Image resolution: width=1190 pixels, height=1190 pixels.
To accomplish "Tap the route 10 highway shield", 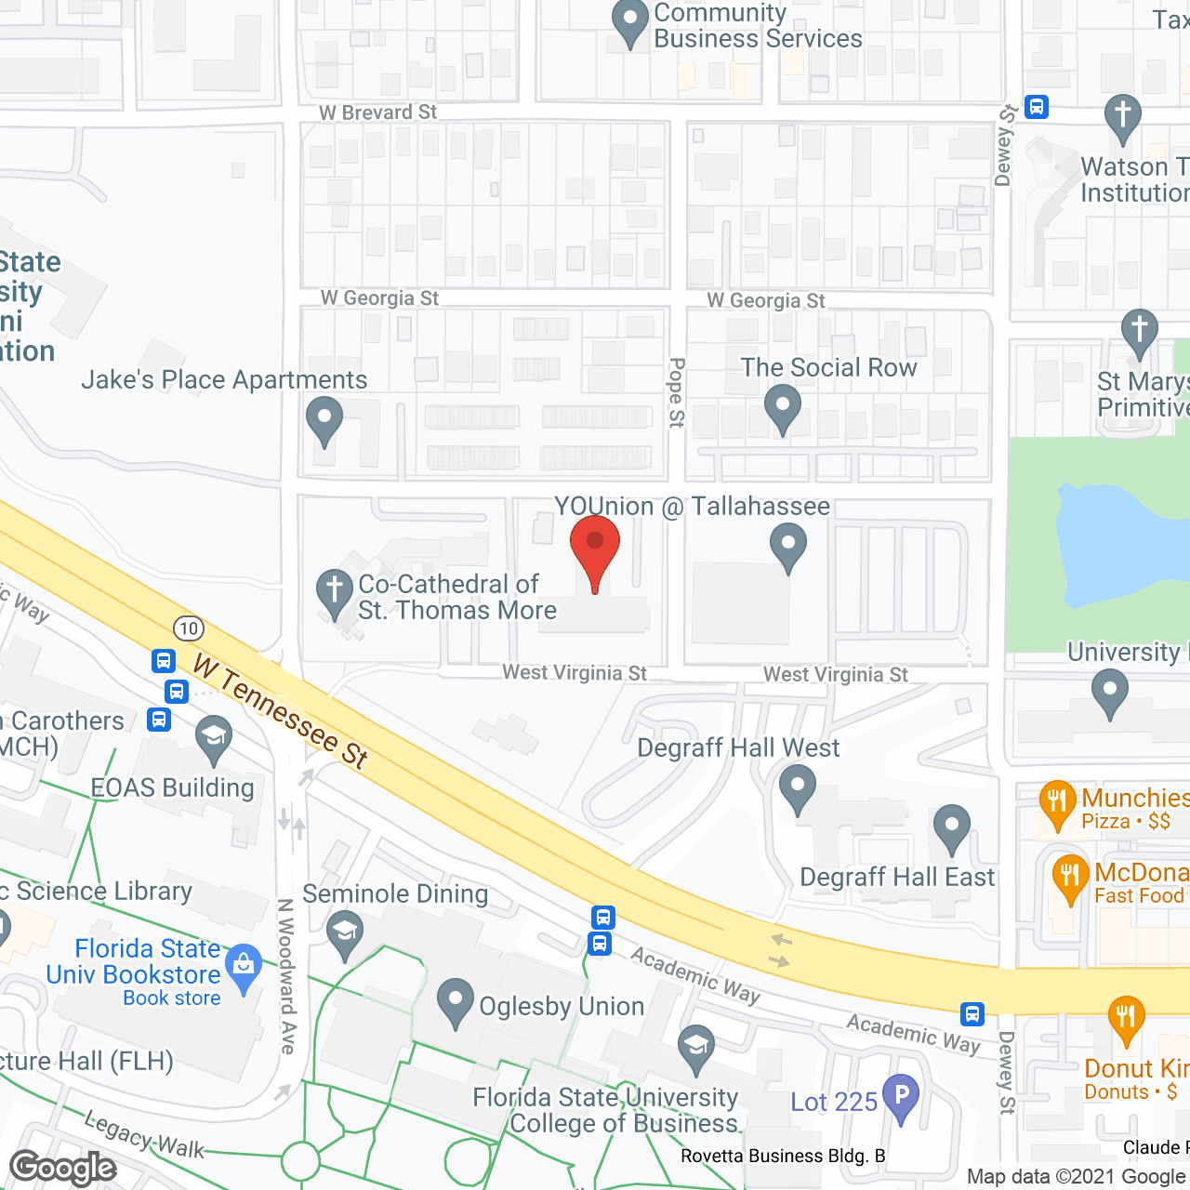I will tap(189, 628).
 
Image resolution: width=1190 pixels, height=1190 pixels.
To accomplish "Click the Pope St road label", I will tap(677, 392).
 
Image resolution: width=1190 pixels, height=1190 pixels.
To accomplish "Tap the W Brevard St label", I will tap(377, 112).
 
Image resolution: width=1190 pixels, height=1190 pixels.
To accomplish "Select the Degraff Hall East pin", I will tap(951, 827).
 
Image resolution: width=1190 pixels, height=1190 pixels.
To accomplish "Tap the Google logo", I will tap(63, 1168).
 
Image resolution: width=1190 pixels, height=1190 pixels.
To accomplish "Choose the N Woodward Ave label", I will tap(286, 976).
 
